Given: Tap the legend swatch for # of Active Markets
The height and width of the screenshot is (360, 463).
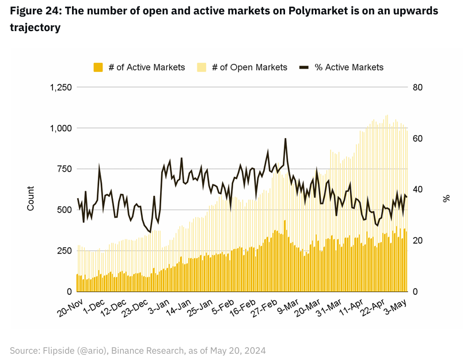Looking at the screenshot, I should pos(98,67).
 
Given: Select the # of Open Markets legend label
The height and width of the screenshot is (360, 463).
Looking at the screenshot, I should pos(249,67).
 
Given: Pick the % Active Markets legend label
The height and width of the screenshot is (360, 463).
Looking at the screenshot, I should pos(348,67).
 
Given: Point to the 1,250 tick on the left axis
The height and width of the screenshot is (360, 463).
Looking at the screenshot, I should pos(60,88).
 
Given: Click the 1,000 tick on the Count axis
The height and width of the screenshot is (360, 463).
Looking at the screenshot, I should pos(60,128).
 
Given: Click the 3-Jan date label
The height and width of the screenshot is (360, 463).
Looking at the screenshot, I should pos(158,304).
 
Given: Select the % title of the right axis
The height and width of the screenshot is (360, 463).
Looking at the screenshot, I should pos(446,198).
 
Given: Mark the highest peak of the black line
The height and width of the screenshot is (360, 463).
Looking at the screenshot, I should pos(285,139).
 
